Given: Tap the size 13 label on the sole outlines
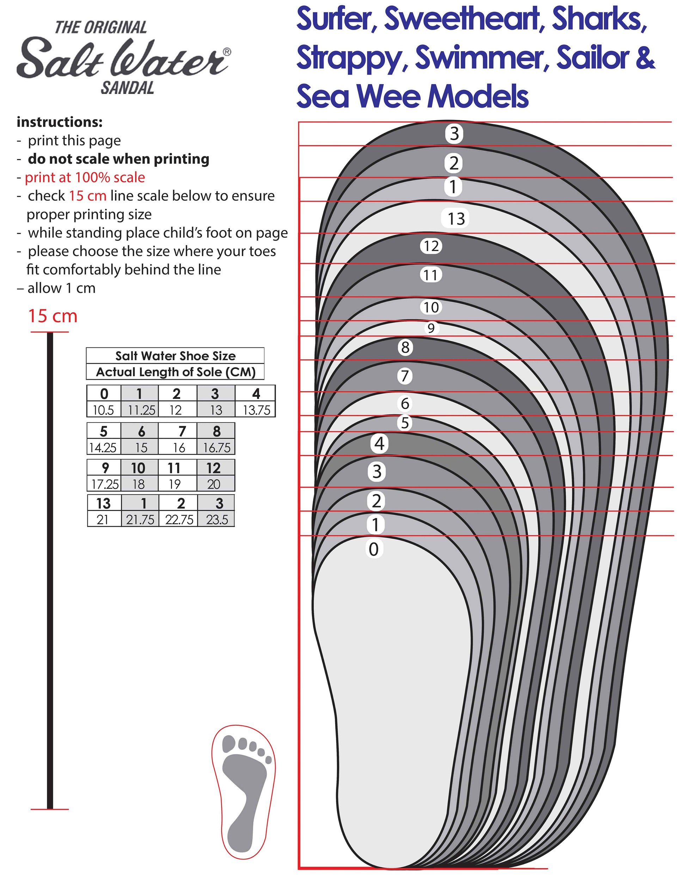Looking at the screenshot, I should pos(455,219).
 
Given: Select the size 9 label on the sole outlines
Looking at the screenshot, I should pos(431,328).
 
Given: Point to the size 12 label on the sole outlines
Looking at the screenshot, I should pos(431,246).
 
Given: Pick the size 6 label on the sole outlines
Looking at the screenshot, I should pos(405,403).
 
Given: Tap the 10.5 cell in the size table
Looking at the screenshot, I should pos(103,410).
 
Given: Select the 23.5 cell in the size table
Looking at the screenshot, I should pos(216,519).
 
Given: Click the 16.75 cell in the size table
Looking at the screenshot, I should pos(216,448).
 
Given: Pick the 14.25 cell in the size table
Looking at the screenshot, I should pos(103,448).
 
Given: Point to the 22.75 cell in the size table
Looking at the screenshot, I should pos(179,519).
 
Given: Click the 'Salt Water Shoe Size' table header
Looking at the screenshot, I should pos(175,356).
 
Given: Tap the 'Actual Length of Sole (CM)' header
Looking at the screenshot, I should pos(175,372).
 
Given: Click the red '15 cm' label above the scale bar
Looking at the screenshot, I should pos(53,316).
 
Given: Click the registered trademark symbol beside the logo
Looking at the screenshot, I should pos(227,51).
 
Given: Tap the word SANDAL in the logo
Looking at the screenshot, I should pos(127,88).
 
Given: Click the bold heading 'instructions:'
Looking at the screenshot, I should pos(60,122).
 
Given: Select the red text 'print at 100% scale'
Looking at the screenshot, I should pos(85,177).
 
